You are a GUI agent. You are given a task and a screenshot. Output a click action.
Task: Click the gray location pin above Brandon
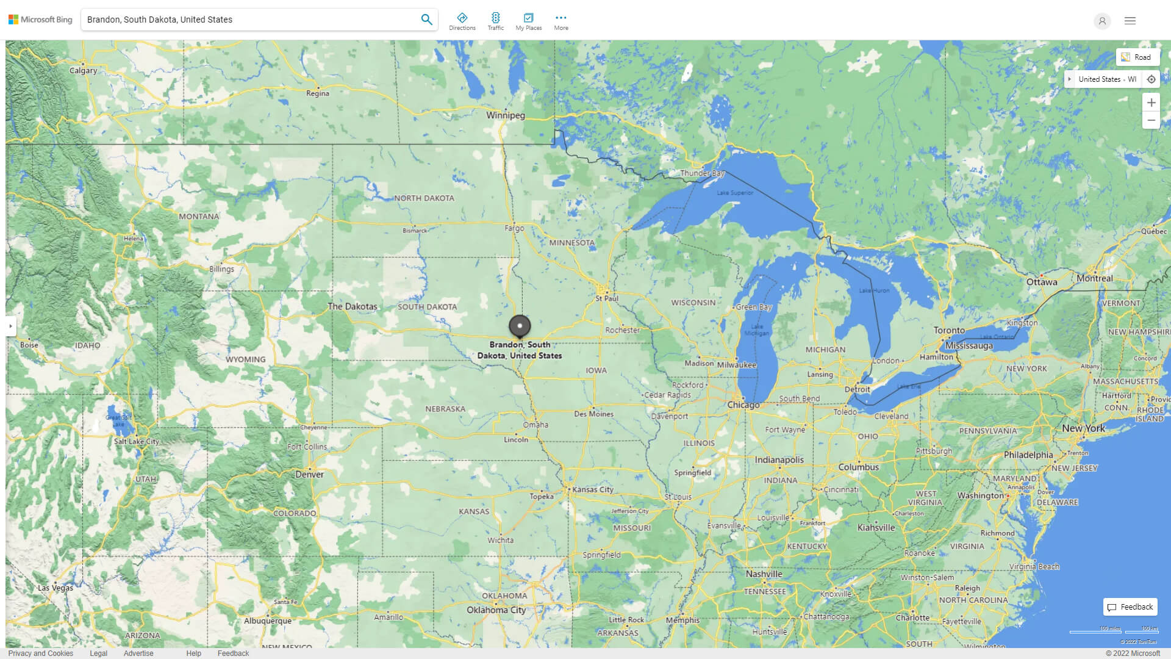coord(520,326)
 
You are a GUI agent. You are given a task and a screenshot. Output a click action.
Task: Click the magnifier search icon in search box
coord(426,20)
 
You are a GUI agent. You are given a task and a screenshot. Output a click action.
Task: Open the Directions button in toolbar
coord(462,21)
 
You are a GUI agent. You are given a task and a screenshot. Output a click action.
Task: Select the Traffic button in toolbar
coord(495,21)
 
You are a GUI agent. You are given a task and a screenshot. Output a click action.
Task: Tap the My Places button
coord(528,21)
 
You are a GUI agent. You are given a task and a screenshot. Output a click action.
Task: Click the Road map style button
coord(1137,57)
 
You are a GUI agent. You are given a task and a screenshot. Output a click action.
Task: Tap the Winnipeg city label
coord(505,115)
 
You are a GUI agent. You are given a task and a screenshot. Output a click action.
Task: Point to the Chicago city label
coord(743,405)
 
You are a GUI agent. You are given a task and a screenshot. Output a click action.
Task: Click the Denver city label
coord(309,475)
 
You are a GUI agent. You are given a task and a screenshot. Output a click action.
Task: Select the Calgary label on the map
coord(83,71)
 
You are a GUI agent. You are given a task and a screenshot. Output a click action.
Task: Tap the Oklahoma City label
coord(496,610)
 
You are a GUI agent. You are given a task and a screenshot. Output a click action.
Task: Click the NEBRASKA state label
coord(445,409)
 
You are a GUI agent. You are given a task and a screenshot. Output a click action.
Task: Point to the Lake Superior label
coord(734,193)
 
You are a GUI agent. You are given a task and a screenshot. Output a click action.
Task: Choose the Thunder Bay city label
coord(702,173)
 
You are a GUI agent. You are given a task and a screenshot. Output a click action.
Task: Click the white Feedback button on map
coord(1130,607)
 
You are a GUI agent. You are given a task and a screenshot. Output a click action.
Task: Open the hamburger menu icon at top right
coord(1130,21)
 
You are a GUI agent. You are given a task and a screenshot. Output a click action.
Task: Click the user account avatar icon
coord(1101,21)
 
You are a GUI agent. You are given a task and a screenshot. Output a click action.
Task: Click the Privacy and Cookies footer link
coord(40,653)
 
